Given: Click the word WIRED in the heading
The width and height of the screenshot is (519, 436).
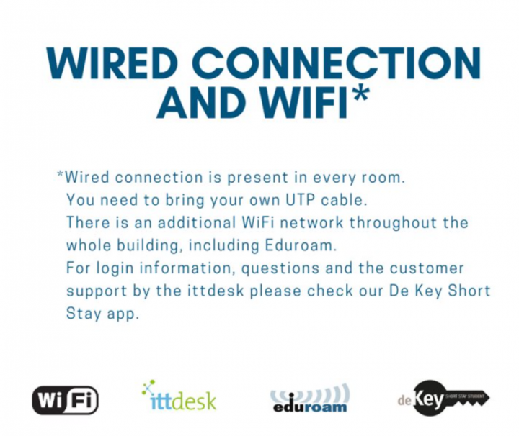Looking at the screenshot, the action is (x=110, y=63).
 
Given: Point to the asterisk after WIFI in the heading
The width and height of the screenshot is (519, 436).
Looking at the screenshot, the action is (x=358, y=93).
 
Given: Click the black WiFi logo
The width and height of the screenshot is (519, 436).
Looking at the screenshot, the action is (x=66, y=400).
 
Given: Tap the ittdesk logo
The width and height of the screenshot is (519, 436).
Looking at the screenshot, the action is (x=179, y=396).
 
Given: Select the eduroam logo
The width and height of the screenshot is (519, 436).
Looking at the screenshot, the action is (x=310, y=398).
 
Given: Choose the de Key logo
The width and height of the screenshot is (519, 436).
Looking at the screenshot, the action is (x=443, y=399).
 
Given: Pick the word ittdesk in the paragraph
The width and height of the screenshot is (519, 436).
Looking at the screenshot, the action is (x=216, y=291).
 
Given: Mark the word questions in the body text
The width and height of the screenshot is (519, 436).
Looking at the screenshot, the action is (x=280, y=268).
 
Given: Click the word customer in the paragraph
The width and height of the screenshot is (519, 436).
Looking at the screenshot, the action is (x=427, y=268).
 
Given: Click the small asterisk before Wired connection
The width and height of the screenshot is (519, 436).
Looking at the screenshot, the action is (x=61, y=173).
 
